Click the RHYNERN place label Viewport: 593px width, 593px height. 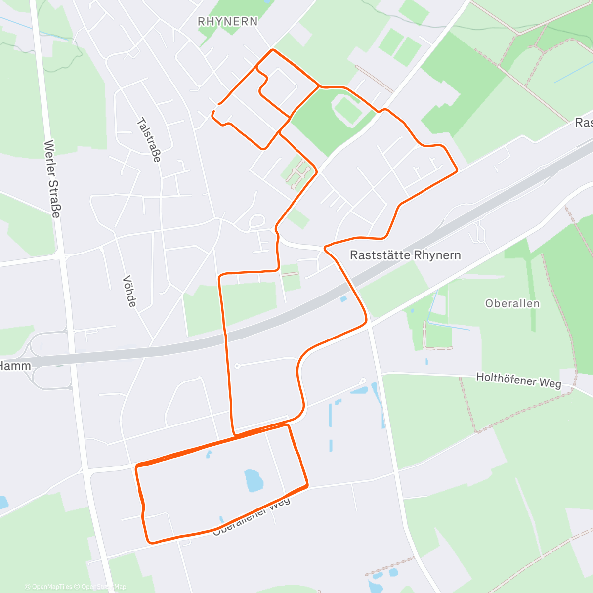[x=227, y=21]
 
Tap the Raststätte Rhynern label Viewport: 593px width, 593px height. [x=405, y=255]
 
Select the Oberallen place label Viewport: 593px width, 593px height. [x=512, y=303]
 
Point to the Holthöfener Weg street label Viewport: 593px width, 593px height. [x=518, y=380]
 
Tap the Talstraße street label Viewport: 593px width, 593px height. [x=149, y=140]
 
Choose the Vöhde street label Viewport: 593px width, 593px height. [x=129, y=291]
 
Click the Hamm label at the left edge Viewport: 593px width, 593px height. [x=15, y=366]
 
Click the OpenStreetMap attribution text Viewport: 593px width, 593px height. [x=104, y=587]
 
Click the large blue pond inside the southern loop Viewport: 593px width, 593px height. [x=254, y=480]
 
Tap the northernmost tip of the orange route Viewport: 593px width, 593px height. [x=272, y=50]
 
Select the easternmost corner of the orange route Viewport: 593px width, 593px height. [x=457, y=170]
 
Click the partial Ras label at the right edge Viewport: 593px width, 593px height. [x=584, y=123]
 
